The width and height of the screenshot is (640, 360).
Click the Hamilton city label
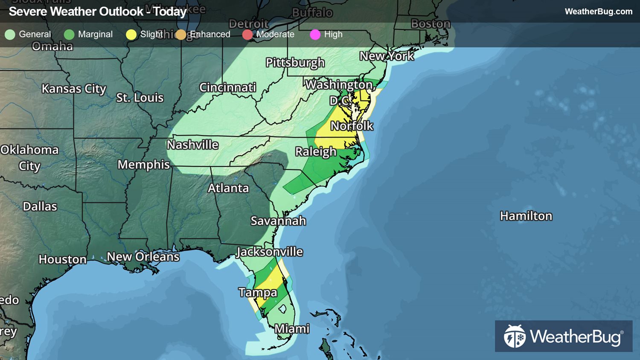click(x=526, y=216)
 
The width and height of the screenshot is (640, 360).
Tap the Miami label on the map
click(x=292, y=329)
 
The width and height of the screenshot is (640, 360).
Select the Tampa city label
click(x=258, y=293)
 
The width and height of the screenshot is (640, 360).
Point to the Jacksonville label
click(x=270, y=252)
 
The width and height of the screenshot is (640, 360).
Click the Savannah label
click(x=278, y=221)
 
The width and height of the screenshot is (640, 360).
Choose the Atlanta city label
click(x=228, y=188)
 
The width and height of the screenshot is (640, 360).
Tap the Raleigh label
click(x=316, y=152)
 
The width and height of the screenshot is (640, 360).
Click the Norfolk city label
click(x=352, y=126)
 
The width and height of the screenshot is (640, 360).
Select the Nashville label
click(x=192, y=145)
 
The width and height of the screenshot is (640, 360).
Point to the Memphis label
click(x=144, y=165)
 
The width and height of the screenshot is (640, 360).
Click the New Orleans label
click(x=143, y=257)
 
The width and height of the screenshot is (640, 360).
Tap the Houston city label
click(x=63, y=259)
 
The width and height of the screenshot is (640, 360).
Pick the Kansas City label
click(x=74, y=89)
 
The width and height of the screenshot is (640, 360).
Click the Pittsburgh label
click(x=295, y=63)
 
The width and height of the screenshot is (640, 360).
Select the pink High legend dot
click(x=315, y=35)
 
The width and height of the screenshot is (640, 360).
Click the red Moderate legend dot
click(x=247, y=35)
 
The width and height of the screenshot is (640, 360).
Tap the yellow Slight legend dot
click(x=131, y=35)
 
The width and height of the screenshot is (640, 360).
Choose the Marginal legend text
click(x=95, y=35)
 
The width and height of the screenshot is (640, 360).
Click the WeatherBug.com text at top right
click(x=598, y=12)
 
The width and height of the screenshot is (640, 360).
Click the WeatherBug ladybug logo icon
click(x=515, y=337)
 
